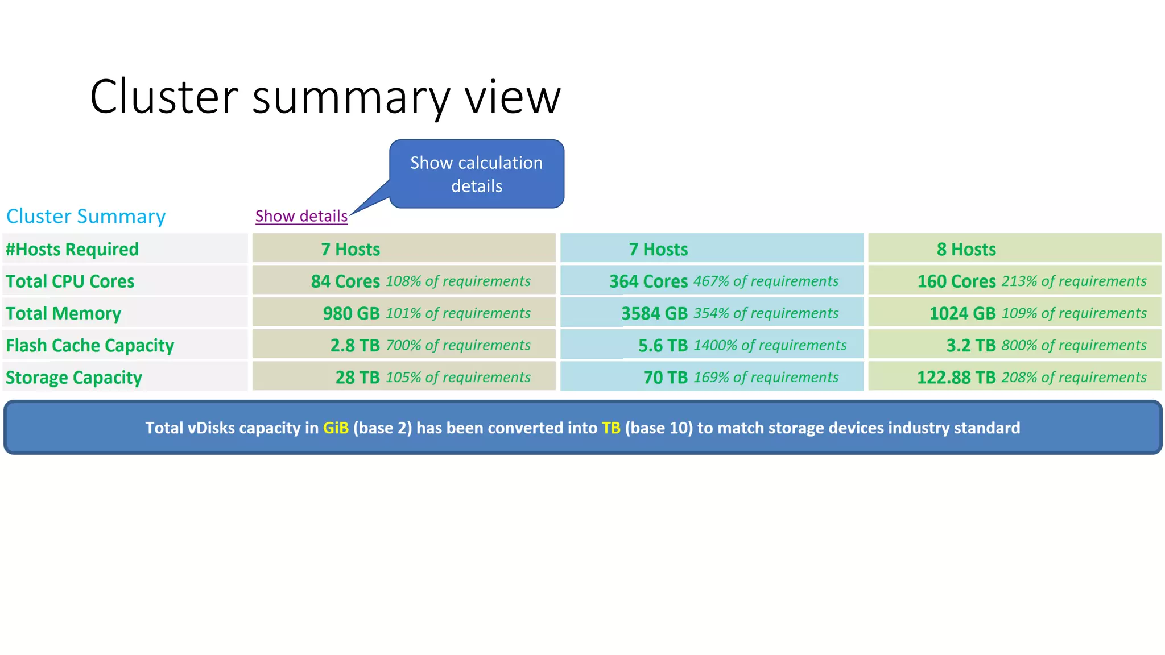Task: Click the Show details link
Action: (301, 216)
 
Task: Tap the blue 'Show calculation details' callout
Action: (477, 174)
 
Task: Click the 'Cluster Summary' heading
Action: (86, 216)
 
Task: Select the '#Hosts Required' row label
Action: (72, 249)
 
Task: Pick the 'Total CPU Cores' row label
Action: (70, 281)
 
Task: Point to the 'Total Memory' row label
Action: (63, 313)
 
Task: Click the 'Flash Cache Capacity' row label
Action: (90, 345)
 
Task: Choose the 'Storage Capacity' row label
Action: (74, 378)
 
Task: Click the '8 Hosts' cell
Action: (966, 249)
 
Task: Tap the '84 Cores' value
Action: (345, 281)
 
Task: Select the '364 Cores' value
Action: (648, 281)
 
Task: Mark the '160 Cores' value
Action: (956, 281)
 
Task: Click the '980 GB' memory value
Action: (351, 313)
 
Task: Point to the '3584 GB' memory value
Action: (654, 313)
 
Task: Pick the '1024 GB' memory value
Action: (962, 313)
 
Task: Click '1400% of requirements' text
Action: (770, 345)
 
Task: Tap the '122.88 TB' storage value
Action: (956, 378)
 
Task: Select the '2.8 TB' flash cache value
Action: (355, 345)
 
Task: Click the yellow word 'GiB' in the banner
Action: (336, 428)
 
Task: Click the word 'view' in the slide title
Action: (513, 97)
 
